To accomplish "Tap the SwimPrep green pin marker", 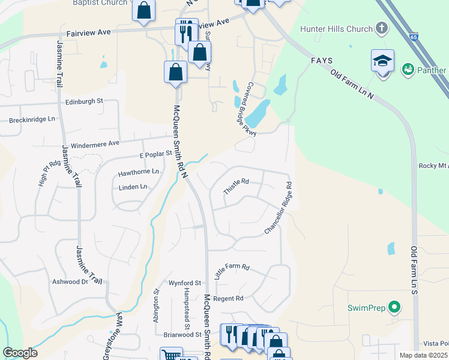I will tap(394, 308).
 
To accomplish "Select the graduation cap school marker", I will tap(382, 61).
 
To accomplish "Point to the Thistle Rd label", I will tap(236, 186).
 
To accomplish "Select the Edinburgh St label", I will tap(85, 102).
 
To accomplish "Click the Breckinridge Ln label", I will tap(32, 119).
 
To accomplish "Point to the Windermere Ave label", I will tap(95, 145).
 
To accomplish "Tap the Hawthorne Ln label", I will tap(139, 172).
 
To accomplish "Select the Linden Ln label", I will tap(133, 187).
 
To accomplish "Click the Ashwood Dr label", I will tap(70, 281).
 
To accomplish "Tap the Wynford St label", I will tap(184, 283).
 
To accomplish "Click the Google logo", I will tap(20, 353).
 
